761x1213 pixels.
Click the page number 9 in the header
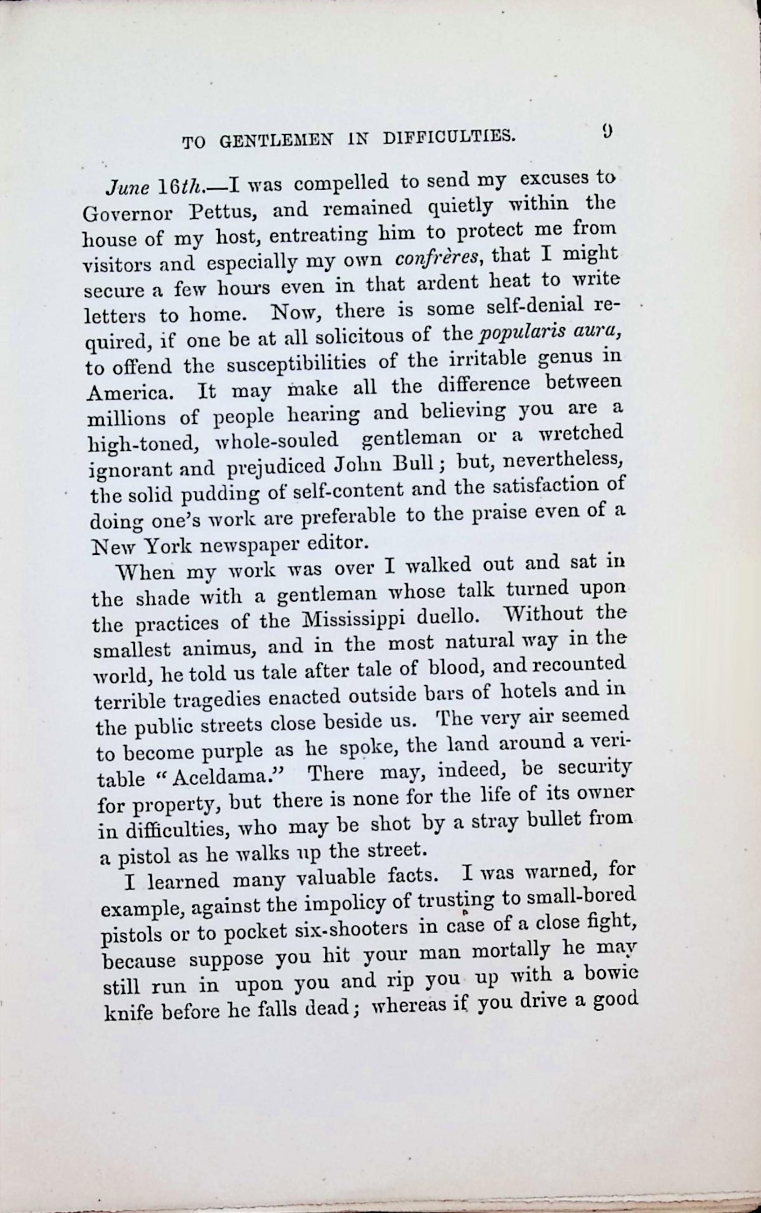point(607,132)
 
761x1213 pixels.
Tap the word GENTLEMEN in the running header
point(276,141)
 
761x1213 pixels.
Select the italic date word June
point(127,189)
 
